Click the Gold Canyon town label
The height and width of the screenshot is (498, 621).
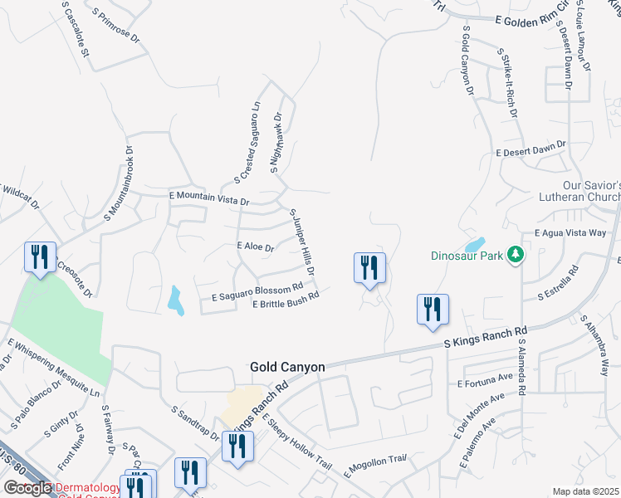[287, 367]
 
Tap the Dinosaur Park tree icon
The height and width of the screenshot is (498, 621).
[516, 255]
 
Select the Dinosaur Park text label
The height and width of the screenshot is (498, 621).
[467, 256]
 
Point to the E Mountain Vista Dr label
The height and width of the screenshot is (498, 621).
[208, 198]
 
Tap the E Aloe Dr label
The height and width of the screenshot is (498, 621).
[255, 247]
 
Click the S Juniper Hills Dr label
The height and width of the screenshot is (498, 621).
[302, 242]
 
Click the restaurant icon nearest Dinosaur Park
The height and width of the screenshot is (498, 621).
[369, 267]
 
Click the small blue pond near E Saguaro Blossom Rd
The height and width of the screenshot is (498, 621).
[175, 300]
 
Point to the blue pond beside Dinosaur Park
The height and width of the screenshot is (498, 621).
[474, 245]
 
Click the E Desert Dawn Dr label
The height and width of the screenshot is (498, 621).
[531, 149]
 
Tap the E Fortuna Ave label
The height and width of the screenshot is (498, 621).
[487, 381]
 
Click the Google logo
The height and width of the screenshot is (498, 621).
[27, 488]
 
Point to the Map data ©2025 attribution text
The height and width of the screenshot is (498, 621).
[585, 491]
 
